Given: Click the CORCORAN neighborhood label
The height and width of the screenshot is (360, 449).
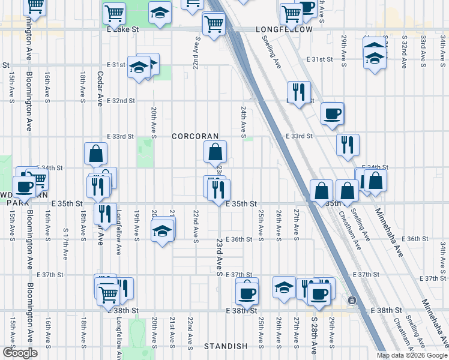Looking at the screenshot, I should (195, 136).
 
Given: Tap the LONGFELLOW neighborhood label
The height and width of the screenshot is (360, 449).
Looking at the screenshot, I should (284, 29).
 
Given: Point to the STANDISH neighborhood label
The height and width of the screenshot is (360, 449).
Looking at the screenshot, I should (226, 346).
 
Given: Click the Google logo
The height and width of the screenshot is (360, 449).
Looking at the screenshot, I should (20, 353).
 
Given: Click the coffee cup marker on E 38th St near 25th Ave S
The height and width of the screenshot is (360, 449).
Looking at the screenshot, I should (247, 293).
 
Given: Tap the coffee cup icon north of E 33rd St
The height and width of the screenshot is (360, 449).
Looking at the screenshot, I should (331, 113).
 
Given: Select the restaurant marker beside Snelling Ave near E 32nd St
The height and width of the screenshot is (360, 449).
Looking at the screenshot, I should (298, 92).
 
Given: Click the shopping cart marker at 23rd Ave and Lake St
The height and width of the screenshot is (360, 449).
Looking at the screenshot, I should (214, 24).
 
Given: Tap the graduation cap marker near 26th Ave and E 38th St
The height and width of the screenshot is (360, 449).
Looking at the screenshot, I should (285, 287).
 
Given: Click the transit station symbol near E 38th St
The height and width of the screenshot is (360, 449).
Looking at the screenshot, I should (352, 300).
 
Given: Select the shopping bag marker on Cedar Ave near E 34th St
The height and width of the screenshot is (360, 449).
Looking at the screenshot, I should (95, 154).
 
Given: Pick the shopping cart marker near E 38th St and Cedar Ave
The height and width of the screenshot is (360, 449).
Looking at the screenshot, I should (108, 294).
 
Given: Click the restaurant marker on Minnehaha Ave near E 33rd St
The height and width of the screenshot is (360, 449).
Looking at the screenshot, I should (348, 145).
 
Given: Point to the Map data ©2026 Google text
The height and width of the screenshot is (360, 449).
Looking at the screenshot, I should (411, 354).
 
